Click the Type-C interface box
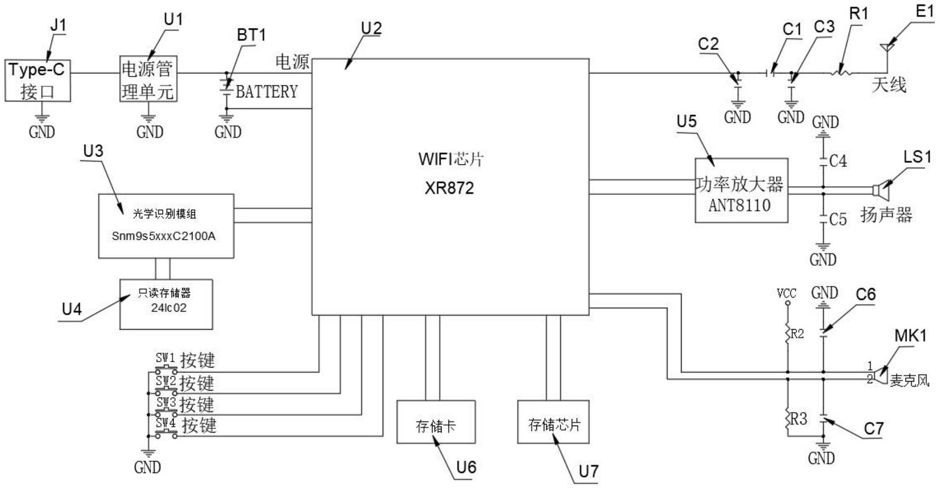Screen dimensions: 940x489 pyautogui.click(x=38, y=81)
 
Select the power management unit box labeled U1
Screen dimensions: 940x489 pyautogui.click(x=148, y=79)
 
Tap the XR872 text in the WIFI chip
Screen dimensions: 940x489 pyautogui.click(x=449, y=188)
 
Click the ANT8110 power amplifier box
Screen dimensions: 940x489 pyautogui.click(x=741, y=190)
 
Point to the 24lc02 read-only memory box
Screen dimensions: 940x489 pyautogui.click(x=166, y=304)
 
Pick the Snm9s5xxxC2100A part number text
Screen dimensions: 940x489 pyautogui.click(x=164, y=236)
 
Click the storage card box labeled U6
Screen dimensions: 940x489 pyautogui.click(x=436, y=422)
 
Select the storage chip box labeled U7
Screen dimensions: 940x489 pyautogui.click(x=553, y=422)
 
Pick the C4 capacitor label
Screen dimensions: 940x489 pyautogui.click(x=838, y=161)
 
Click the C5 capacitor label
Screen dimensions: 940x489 pyautogui.click(x=838, y=219)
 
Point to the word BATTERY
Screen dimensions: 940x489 pyautogui.click(x=266, y=91)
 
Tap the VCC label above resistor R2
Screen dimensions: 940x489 pyautogui.click(x=787, y=293)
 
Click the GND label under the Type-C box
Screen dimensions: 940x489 pyautogui.click(x=42, y=132)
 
